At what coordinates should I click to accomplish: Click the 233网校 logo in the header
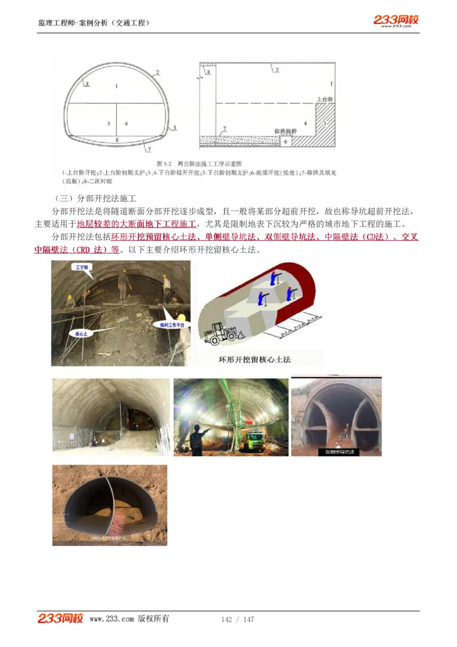coord(396,21)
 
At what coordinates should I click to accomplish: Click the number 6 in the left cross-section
coord(117,139)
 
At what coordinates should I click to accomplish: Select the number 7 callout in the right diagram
coord(225,129)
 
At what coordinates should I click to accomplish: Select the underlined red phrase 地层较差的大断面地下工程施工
coord(137,224)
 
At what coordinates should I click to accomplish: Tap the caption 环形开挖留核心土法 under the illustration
coord(255,360)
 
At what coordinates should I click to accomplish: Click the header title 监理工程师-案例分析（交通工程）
coord(94,23)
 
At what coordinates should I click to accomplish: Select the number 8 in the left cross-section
coord(87,83)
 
